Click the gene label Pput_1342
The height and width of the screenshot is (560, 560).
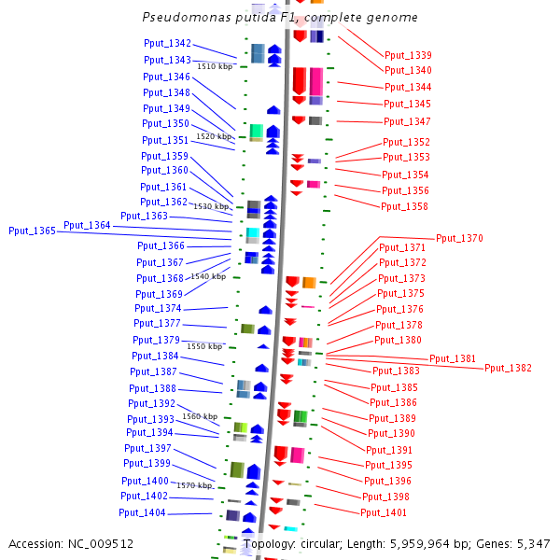[167, 43]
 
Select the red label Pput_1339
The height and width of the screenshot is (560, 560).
[408, 55]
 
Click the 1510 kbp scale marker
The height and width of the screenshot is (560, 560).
[215, 66]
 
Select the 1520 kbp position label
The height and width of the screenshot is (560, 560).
[213, 136]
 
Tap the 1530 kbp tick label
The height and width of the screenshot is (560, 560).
[210, 206]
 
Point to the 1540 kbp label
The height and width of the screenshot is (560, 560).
[207, 276]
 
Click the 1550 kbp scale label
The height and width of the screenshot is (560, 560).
[204, 346]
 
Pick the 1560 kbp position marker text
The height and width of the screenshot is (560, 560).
[200, 416]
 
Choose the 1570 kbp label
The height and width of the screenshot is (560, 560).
[195, 485]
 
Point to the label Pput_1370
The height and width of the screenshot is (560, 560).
[459, 238]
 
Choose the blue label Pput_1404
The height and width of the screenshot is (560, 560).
[142, 512]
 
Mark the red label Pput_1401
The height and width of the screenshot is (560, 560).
[384, 512]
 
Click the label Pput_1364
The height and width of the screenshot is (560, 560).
[87, 225]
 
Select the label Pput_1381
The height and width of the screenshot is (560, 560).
[452, 358]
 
